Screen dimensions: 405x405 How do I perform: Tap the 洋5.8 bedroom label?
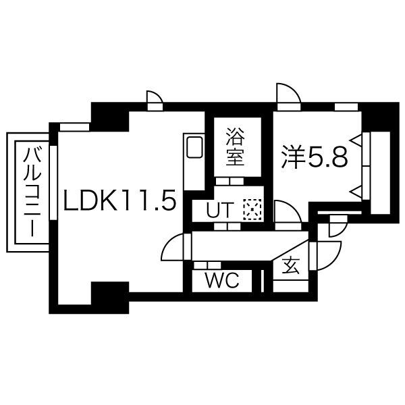[x=314, y=157]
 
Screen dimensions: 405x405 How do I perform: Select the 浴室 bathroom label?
[x=235, y=146]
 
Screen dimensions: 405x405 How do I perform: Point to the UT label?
[x=220, y=209]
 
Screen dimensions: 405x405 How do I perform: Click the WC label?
[x=222, y=280]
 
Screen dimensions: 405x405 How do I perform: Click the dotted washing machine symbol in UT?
[x=252, y=209]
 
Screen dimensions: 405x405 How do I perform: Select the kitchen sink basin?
[x=194, y=147]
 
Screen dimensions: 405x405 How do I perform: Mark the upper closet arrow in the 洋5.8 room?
[x=356, y=140]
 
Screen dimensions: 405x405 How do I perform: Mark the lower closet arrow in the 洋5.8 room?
[x=356, y=192]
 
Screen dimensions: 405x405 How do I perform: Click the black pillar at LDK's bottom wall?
[x=110, y=297]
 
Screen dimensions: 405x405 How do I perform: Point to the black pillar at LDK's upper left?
[x=110, y=117]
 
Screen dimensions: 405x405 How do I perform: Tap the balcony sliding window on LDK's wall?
[x=53, y=183]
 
